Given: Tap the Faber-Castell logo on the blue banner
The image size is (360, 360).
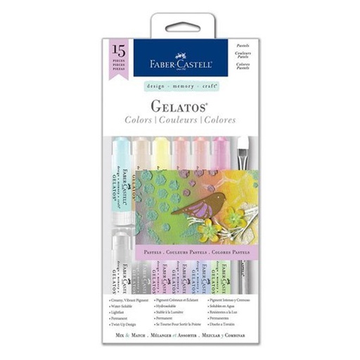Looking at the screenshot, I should pyautogui.click(x=180, y=58).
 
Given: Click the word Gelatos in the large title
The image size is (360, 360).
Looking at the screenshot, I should pyautogui.click(x=180, y=106).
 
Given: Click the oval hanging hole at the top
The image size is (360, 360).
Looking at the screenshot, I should pyautogui.click(x=180, y=27).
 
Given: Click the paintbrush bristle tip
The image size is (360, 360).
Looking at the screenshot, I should pyautogui.click(x=245, y=148).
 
